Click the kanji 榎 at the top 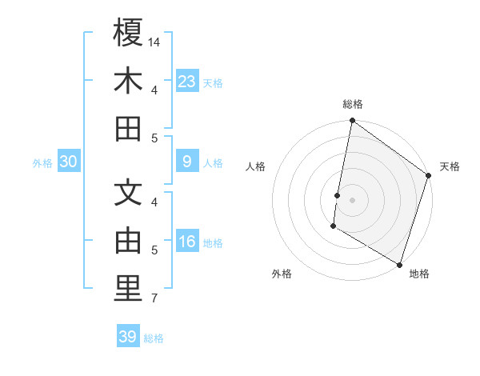[x=128, y=33]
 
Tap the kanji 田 [x=128, y=129]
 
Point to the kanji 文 [x=128, y=193]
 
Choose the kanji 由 [x=128, y=241]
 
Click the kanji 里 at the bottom [x=128, y=289]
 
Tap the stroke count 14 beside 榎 [x=154, y=42]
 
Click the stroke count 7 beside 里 [x=154, y=299]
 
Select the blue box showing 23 [x=186, y=81]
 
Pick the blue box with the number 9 [x=186, y=162]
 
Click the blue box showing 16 [x=186, y=242]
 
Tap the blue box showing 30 [x=68, y=162]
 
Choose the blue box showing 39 [x=127, y=337]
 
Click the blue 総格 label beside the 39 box [x=154, y=338]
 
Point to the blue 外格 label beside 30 [x=42, y=163]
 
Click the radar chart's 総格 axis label [x=352, y=104]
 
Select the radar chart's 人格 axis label [x=256, y=166]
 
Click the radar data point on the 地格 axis [x=398, y=264]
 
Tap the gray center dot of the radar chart [x=352, y=199]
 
